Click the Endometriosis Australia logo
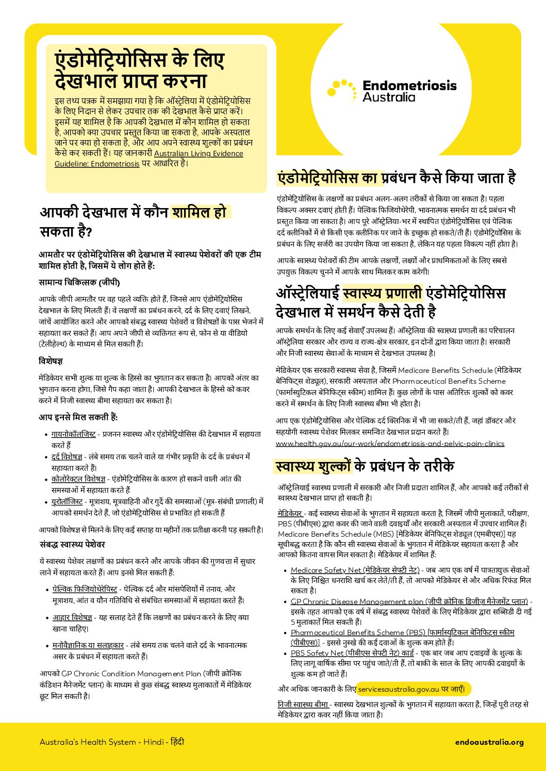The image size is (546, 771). (x=392, y=90)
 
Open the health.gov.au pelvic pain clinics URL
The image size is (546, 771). (x=390, y=443)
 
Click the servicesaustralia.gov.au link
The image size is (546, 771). (x=399, y=689)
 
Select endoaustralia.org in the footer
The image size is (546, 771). (x=489, y=742)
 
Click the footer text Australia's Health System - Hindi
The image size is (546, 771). (x=111, y=742)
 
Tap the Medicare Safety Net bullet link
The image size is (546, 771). (x=355, y=570)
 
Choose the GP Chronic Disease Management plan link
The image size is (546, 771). (x=409, y=602)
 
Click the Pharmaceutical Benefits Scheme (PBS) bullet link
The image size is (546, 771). (x=402, y=632)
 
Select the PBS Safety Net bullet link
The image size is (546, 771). (x=352, y=653)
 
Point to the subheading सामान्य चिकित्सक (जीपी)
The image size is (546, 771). (x=79, y=283)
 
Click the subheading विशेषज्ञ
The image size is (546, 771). (x=51, y=362)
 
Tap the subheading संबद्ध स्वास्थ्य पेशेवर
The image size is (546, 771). (x=73, y=544)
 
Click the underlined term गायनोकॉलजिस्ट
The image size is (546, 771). (x=73, y=434)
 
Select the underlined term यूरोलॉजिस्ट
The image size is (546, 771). (x=67, y=502)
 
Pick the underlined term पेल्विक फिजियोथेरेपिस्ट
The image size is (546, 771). (x=85, y=589)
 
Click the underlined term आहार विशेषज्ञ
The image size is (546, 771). (x=72, y=618)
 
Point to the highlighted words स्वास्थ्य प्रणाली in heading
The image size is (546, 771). (x=382, y=294)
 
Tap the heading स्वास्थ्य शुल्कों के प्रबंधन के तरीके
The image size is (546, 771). (x=365, y=466)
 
